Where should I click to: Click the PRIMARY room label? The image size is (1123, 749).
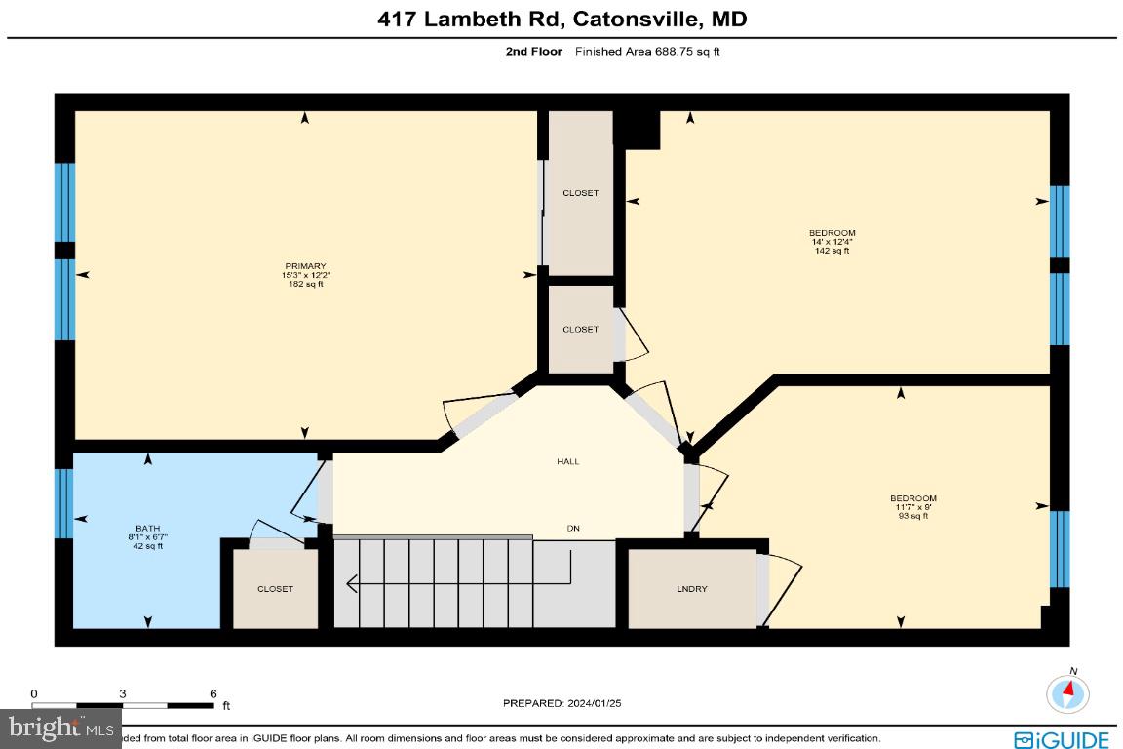[x=304, y=266]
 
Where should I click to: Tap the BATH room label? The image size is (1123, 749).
[x=148, y=528]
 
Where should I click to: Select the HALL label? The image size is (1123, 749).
[x=567, y=461]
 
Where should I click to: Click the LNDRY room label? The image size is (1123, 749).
[x=692, y=589]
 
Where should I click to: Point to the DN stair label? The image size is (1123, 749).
[x=574, y=528]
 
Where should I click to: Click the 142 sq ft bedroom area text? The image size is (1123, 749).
[x=832, y=251]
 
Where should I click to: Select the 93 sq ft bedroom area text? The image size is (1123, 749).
[x=912, y=516]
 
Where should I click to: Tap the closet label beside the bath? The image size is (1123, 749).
[x=275, y=589]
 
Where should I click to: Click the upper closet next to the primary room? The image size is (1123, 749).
[x=580, y=193]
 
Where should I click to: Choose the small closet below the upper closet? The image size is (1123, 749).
[x=580, y=330]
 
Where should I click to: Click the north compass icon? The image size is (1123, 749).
[x=1068, y=692]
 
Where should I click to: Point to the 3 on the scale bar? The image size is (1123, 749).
[x=123, y=693]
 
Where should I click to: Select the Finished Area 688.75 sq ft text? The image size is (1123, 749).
[x=647, y=52]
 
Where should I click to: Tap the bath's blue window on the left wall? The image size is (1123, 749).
[x=64, y=503]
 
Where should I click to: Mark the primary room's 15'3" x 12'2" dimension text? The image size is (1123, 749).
[x=305, y=275]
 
